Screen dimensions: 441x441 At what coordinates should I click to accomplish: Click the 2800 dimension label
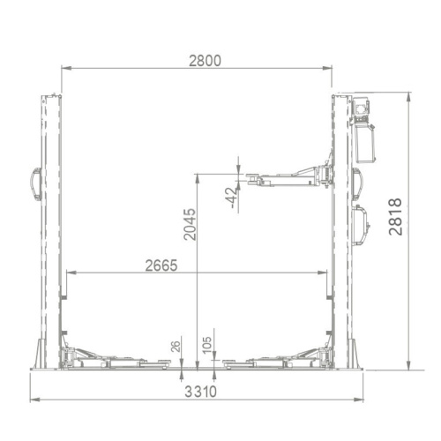(x=205, y=61)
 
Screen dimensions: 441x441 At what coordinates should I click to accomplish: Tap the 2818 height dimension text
(x=395, y=217)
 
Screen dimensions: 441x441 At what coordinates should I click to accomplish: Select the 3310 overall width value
(x=201, y=392)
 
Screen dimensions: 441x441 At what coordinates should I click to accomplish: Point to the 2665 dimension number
(x=161, y=265)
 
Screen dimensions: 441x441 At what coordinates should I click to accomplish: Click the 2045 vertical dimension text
(x=190, y=224)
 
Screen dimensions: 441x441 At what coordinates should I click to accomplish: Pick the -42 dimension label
(x=232, y=198)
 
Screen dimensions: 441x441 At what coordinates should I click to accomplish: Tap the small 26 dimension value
(x=176, y=347)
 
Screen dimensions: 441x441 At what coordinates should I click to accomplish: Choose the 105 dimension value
(x=207, y=345)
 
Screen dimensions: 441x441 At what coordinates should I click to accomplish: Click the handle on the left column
(x=36, y=184)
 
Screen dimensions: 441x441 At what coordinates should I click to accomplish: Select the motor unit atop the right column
(x=362, y=109)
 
